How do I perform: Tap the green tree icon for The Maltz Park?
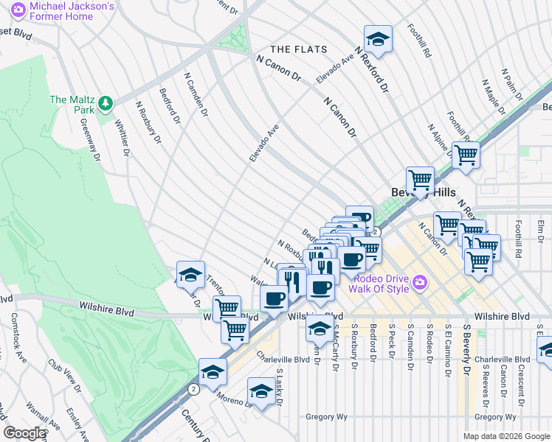(106, 101)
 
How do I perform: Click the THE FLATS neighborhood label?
(295, 49)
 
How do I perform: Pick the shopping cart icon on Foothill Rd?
(466, 155)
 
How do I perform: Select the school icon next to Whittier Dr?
(190, 275)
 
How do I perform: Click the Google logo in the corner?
(24, 433)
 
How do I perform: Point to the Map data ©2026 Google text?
(506, 435)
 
